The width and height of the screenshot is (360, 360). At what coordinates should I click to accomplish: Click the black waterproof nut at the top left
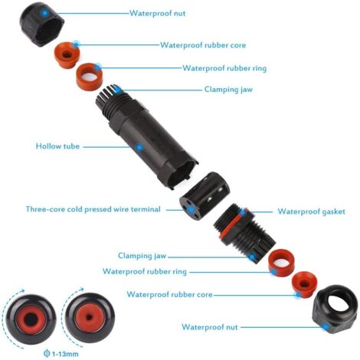coord(42,25)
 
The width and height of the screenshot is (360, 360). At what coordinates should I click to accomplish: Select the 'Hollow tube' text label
coord(57,146)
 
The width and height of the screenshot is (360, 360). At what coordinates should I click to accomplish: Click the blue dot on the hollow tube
coord(139,147)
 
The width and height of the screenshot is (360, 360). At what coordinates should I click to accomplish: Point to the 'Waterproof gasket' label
coord(311,211)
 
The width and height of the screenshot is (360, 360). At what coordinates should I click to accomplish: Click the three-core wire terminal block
coord(205,194)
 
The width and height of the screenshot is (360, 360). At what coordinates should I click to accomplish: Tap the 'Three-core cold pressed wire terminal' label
coord(93,209)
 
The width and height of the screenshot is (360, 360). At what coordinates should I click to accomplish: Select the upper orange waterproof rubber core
coord(67,55)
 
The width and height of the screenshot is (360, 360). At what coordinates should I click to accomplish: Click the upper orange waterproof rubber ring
coord(90,76)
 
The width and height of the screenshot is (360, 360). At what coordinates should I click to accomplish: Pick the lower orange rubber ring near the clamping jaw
coord(281,262)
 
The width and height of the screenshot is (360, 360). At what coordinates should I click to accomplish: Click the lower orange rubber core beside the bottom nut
coord(304,284)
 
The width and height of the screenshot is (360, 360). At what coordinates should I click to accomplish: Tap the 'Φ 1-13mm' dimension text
coord(61,354)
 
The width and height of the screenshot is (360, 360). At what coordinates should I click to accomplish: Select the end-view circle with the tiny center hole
coord(90,318)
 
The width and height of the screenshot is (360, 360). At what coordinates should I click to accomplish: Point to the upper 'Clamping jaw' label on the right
coord(228,90)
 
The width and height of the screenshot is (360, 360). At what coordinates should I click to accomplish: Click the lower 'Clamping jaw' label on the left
coord(142,256)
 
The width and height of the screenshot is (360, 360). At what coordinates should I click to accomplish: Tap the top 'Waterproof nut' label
coord(158,13)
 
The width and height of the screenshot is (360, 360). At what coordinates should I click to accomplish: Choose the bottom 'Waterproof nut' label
coord(210,327)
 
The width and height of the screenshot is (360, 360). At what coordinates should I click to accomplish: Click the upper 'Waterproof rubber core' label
coord(203,45)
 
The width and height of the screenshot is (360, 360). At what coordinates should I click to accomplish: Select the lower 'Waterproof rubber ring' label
coord(145,271)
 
